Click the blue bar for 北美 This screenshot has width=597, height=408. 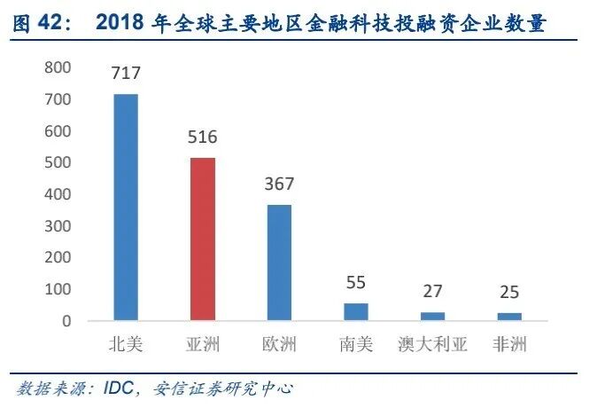pos(126,207)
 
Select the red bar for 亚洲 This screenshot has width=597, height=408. pos(203,239)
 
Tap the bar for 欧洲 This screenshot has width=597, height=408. pos(279,263)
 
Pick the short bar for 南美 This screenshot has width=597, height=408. pos(355,311)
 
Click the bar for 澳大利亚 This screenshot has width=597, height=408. pos(432,316)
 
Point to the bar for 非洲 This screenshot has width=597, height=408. pos(509,316)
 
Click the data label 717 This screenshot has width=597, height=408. pos(126,74)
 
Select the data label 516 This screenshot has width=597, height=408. pos(202,137)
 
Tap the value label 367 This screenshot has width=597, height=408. pos(279,184)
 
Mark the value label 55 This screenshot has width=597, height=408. pos(355,283)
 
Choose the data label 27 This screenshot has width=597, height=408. pos(432,292)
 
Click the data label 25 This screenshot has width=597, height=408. pos(509,293)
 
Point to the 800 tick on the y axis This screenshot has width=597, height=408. pos(58,68)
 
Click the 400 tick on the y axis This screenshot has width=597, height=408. pos(58,194)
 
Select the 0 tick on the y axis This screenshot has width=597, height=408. pos(66,321)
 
